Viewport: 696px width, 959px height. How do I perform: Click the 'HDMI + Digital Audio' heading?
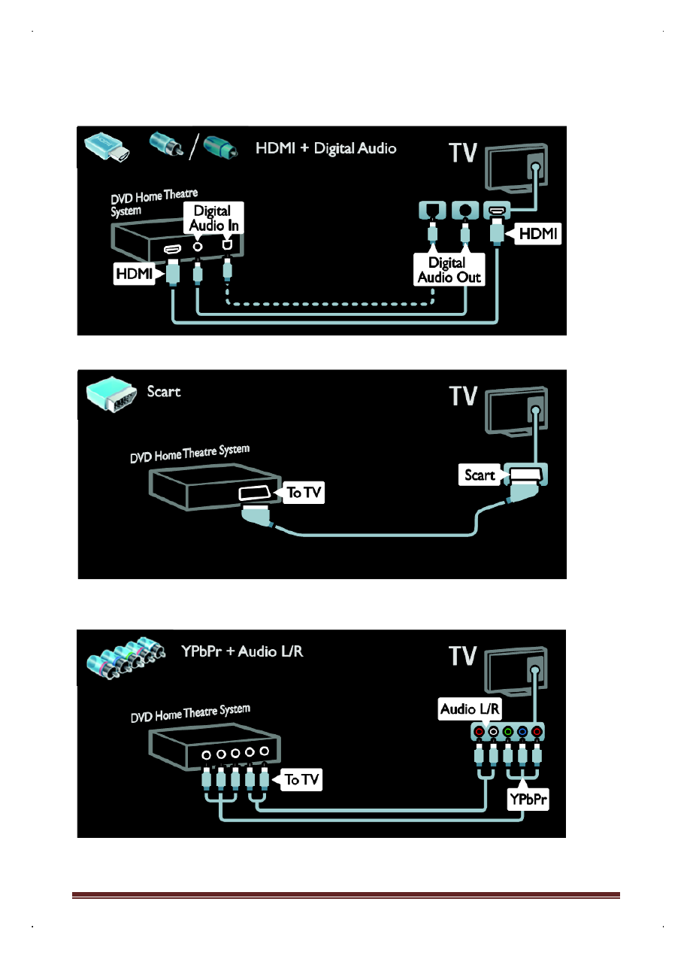pos(325,148)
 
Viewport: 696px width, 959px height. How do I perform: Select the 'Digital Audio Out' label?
pos(447,269)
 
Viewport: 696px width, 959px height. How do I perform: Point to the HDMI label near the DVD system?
pos(133,276)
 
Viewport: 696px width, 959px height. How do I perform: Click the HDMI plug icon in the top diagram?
pos(107,148)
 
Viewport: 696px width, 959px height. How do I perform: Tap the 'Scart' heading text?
pos(164,391)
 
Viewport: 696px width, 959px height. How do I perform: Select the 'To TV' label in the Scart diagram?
pos(304,493)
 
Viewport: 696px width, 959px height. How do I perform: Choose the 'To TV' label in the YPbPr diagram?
pos(302,779)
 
